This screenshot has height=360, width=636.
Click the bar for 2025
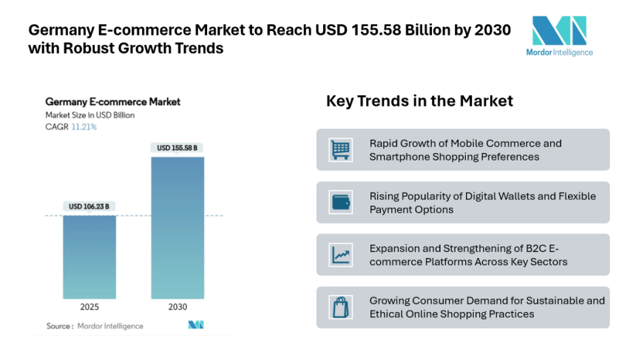(x=89, y=257)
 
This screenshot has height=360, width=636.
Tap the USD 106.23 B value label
(x=89, y=206)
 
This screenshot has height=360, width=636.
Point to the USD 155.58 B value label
(x=177, y=148)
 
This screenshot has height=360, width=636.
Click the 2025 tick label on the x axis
(x=89, y=307)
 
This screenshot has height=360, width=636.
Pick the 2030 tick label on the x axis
(x=177, y=307)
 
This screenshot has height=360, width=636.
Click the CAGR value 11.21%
(x=84, y=127)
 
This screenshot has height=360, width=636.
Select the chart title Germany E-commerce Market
(x=112, y=102)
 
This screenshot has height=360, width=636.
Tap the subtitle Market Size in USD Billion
(x=89, y=115)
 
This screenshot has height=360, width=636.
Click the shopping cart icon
(x=341, y=150)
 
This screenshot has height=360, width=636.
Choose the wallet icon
(x=341, y=203)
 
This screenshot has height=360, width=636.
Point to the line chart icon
(x=341, y=255)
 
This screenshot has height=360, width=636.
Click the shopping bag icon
(x=341, y=308)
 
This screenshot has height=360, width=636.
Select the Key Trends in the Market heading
(x=419, y=101)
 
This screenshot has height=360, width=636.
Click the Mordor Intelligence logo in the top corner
(x=563, y=35)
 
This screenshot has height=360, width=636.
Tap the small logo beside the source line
(x=196, y=325)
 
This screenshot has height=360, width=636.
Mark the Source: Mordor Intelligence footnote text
(x=95, y=326)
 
